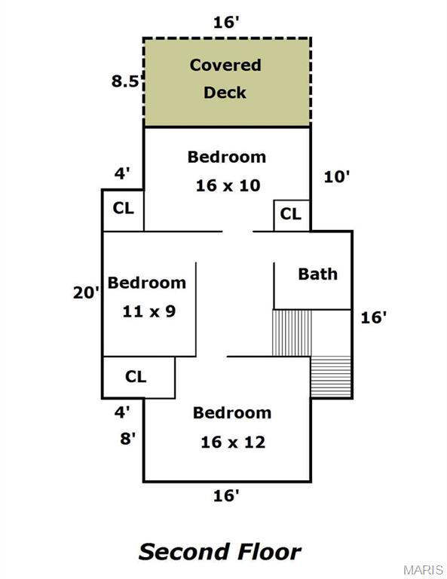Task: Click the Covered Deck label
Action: (x=225, y=78)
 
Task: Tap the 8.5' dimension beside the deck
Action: (x=127, y=81)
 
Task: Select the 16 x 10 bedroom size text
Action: (x=228, y=185)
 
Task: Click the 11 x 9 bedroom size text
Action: (x=149, y=311)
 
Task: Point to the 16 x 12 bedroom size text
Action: (x=233, y=442)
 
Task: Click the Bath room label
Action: (x=318, y=274)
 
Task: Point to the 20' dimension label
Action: (x=87, y=293)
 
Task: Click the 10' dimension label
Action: (x=337, y=177)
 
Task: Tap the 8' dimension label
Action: (x=127, y=439)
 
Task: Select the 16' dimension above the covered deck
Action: (x=227, y=23)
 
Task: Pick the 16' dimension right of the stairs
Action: (x=374, y=317)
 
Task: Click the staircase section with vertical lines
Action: (x=292, y=333)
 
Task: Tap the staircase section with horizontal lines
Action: (x=331, y=377)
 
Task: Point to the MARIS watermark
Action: (x=424, y=569)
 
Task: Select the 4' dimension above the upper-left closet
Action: (x=122, y=173)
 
